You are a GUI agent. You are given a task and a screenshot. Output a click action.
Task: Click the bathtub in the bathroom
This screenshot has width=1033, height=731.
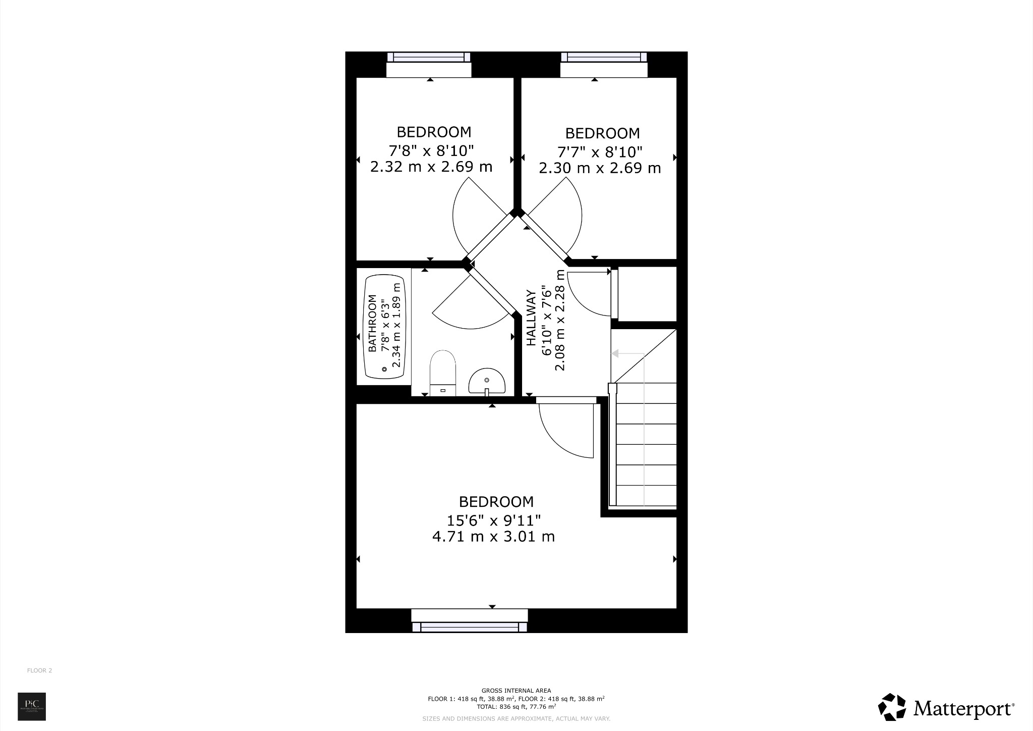point(384,334)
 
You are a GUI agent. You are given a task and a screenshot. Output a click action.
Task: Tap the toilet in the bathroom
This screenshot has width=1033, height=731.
point(443,374)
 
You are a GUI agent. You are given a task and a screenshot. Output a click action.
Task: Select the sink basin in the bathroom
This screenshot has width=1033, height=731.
point(487,381)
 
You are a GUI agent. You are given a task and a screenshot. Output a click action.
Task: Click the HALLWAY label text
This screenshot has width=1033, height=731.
point(531,318)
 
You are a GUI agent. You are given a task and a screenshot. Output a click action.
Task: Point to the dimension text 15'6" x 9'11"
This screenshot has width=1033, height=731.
point(494,519)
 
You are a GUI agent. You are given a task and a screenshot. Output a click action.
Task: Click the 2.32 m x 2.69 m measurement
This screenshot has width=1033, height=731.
point(431,167)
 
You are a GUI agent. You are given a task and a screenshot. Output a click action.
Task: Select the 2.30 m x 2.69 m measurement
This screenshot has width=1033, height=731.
point(600,168)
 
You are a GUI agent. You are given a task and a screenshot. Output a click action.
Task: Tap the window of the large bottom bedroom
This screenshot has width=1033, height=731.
point(470,626)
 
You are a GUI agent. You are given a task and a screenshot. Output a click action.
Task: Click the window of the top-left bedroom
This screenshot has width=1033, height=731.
point(429,57)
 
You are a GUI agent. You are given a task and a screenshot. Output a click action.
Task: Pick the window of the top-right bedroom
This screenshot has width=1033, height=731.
point(604,57)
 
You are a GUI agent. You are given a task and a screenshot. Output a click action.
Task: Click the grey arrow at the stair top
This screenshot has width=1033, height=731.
point(615,354)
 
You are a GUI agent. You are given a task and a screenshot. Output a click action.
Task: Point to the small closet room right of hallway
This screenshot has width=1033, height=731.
point(647,293)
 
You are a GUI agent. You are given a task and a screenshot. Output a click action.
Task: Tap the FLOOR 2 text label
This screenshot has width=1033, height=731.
point(39,671)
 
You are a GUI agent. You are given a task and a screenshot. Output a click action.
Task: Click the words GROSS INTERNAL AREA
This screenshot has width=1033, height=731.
point(516,691)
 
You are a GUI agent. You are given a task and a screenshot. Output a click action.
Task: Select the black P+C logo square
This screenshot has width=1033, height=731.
point(32,706)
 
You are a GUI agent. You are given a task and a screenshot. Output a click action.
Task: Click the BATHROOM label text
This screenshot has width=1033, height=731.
point(373,324)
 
